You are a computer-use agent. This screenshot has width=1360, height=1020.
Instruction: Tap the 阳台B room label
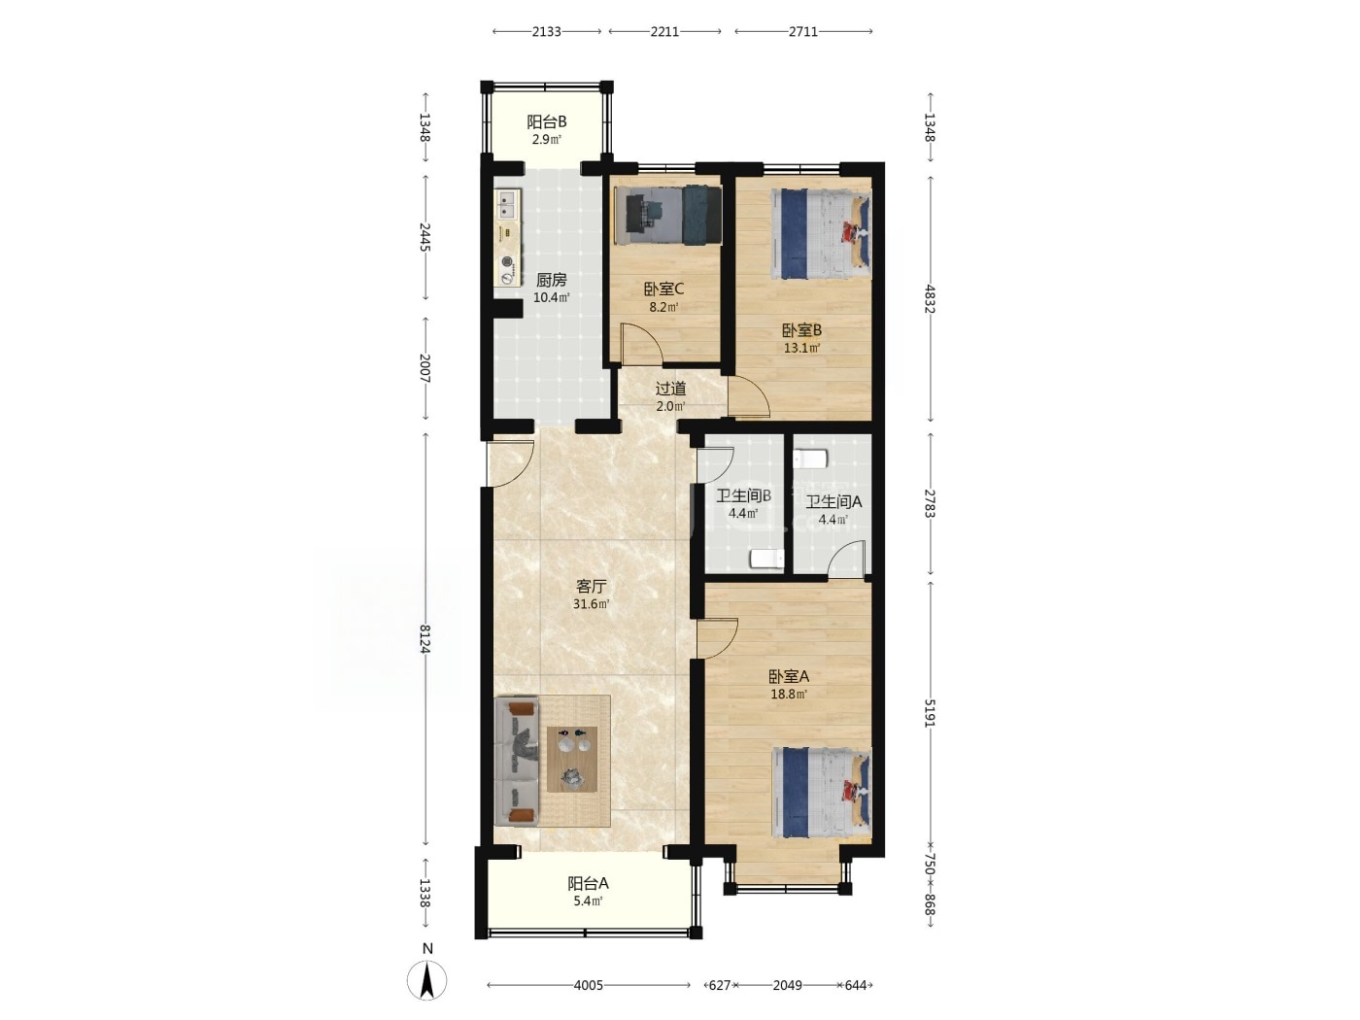tap(547, 122)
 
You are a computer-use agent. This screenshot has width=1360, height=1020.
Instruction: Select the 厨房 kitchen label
tap(551, 280)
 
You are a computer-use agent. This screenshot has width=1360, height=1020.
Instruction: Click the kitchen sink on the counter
tap(507, 205)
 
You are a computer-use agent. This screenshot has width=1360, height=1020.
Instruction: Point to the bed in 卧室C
tap(668, 215)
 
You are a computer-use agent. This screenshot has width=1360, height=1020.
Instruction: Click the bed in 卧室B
tap(820, 235)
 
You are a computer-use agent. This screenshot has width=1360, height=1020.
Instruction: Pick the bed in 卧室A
tap(821, 793)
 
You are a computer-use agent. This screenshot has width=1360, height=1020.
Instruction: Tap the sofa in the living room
tap(517, 761)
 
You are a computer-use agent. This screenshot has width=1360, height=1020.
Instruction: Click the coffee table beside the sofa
tap(572, 759)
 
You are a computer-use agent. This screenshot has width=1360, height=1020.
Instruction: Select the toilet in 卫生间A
tap(810, 459)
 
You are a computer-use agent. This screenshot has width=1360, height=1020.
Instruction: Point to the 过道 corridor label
tap(671, 389)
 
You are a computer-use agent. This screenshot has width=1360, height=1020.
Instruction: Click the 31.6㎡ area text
tap(591, 604)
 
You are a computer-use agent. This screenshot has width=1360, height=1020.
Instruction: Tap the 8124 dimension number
tap(425, 638)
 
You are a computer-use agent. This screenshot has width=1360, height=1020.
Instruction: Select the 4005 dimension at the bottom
tap(588, 985)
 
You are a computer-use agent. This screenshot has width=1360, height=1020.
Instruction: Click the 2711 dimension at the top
tap(803, 32)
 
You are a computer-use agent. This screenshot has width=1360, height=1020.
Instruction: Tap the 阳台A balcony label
tap(588, 883)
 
